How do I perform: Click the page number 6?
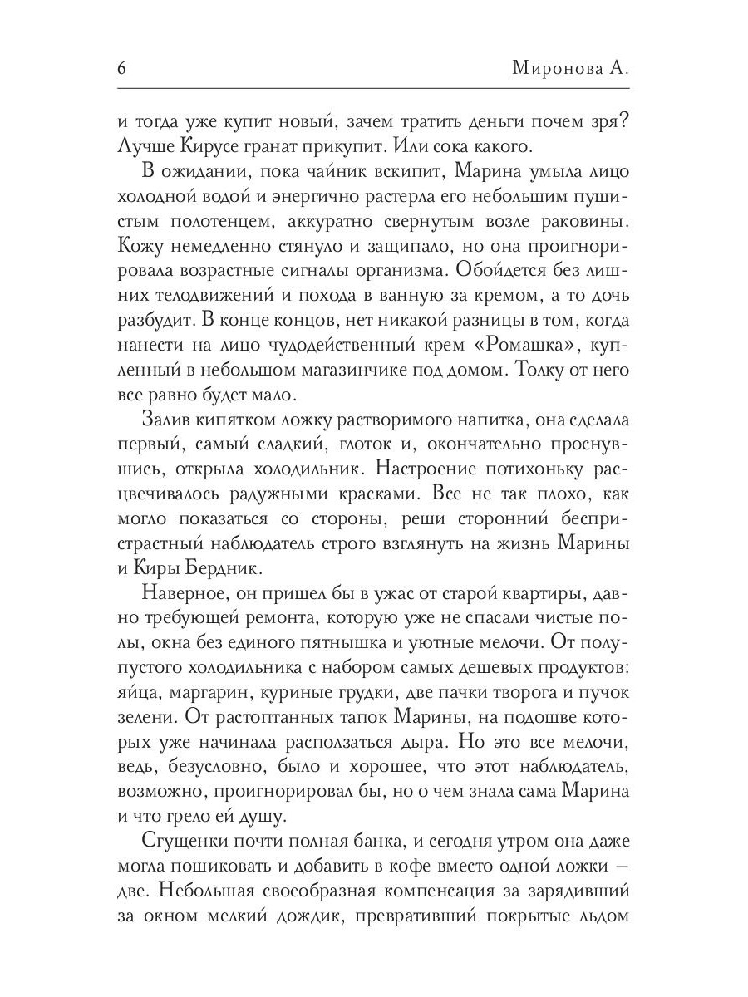pyautogui.click(x=123, y=69)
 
